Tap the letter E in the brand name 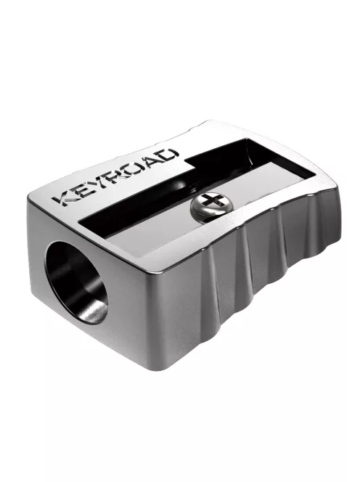pos(86,187)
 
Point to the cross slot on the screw pos(210,201)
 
